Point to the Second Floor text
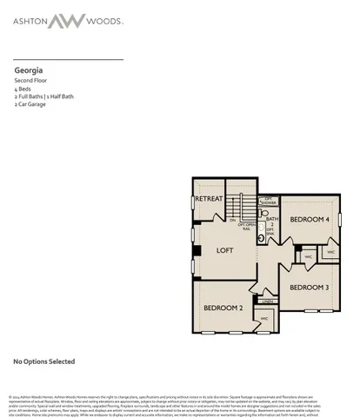31,80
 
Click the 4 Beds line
22,89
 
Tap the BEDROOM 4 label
310,220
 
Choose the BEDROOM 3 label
309,288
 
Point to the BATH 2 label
271,222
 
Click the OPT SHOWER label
270,201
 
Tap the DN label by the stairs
233,220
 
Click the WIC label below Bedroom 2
264,319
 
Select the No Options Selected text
43,361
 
